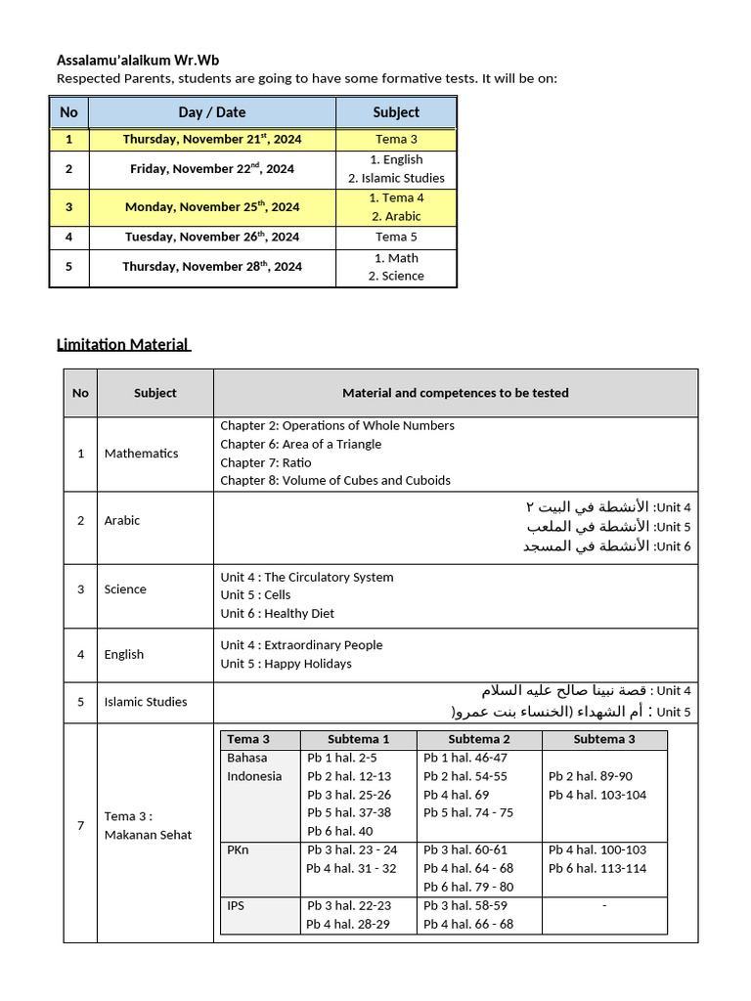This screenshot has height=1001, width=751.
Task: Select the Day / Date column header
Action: click(212, 112)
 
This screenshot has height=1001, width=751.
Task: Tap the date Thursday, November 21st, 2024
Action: click(212, 140)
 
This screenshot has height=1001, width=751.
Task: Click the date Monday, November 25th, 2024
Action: click(212, 207)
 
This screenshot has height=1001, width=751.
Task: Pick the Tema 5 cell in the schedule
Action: click(396, 237)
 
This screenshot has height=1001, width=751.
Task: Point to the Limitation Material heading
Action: click(123, 344)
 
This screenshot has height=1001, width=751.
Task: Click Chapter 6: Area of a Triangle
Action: click(300, 444)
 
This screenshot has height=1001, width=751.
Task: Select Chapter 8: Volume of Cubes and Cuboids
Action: click(335, 480)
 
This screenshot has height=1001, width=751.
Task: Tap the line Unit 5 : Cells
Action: click(255, 594)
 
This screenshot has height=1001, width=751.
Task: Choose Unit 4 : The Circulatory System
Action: click(306, 577)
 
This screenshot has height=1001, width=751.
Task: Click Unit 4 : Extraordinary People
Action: click(301, 645)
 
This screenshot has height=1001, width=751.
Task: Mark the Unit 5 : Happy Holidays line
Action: click(286, 664)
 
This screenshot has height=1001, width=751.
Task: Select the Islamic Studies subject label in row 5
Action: click(146, 702)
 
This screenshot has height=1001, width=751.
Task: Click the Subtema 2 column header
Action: click(479, 739)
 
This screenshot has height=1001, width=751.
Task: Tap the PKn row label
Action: click(238, 849)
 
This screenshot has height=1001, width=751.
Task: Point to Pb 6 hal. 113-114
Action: click(597, 868)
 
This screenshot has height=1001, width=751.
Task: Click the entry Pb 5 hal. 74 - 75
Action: click(467, 812)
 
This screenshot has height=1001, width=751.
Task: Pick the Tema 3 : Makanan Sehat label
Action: click(134, 826)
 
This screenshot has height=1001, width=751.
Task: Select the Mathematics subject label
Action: click(141, 454)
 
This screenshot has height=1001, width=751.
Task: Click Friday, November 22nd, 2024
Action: click(212, 169)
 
